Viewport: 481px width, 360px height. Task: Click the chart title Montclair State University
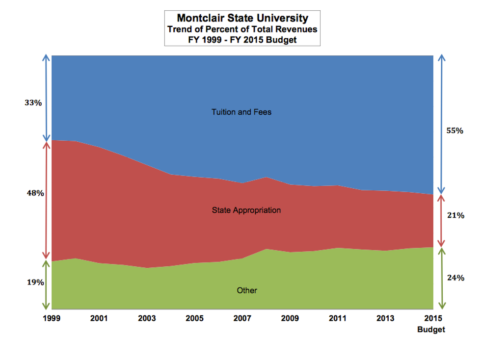pyautogui.click(x=242, y=18)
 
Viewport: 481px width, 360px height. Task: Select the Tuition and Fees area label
pyautogui.click(x=241, y=112)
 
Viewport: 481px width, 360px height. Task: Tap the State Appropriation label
pyautogui.click(x=246, y=210)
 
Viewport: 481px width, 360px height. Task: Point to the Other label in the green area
pyautogui.click(x=247, y=290)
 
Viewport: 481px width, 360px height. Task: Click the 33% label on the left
pyautogui.click(x=33, y=103)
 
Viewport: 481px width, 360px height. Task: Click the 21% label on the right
pyautogui.click(x=455, y=215)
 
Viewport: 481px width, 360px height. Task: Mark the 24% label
pyautogui.click(x=455, y=278)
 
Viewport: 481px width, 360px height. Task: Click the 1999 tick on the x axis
pyautogui.click(x=52, y=318)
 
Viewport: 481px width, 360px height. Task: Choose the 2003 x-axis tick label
pyautogui.click(x=147, y=318)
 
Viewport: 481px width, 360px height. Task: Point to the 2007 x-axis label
pyautogui.click(x=242, y=318)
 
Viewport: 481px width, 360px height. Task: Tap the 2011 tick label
pyautogui.click(x=337, y=318)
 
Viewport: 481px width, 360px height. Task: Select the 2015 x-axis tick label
pyautogui.click(x=432, y=318)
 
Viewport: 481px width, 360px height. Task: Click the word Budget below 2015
pyautogui.click(x=431, y=330)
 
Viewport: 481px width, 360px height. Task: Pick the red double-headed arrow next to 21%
pyautogui.click(x=441, y=221)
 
